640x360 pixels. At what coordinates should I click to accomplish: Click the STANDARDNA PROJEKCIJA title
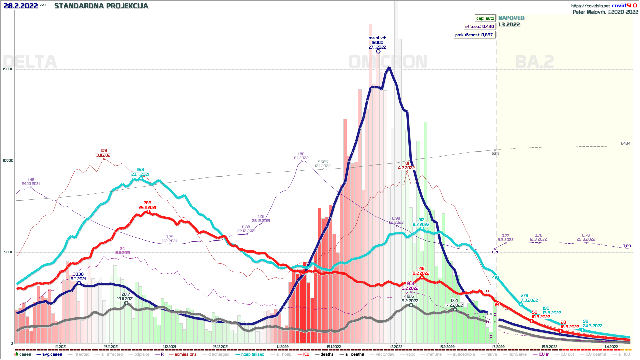click(101, 6)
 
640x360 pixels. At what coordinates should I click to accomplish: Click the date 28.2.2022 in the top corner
click(21, 6)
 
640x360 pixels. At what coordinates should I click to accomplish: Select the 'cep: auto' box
click(485, 18)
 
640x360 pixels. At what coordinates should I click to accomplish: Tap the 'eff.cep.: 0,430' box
click(479, 27)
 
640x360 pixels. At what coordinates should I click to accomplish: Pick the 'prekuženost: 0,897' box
click(474, 35)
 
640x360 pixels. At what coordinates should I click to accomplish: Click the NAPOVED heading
click(511, 18)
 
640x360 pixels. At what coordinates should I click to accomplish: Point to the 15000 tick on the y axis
click(8, 69)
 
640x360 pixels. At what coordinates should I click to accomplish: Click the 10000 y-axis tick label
click(8, 161)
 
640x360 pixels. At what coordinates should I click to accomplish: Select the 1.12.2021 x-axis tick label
click(170, 347)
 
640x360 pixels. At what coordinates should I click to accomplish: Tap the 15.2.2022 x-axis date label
click(447, 347)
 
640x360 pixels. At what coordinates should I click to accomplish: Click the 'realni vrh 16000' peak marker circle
click(378, 51)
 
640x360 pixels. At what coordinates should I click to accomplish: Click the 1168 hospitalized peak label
click(140, 170)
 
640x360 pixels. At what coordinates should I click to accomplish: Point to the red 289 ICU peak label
click(147, 203)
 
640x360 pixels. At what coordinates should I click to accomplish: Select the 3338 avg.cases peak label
click(78, 274)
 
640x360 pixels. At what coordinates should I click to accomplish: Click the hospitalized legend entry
click(252, 354)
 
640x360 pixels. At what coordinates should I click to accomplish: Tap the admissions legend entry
click(185, 354)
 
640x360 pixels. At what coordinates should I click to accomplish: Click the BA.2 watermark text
click(534, 62)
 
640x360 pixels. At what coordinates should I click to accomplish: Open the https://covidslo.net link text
click(590, 6)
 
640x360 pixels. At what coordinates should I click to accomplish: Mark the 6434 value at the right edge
click(625, 143)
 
